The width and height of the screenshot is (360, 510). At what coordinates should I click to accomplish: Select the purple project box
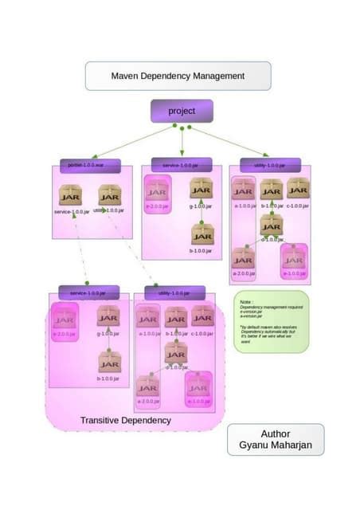click(x=182, y=111)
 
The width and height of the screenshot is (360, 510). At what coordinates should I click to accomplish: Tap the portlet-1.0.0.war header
click(x=89, y=164)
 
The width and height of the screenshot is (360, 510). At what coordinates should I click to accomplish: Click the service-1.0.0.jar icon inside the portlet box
click(x=70, y=195)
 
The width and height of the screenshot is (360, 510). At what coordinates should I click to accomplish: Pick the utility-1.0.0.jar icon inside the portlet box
click(x=108, y=195)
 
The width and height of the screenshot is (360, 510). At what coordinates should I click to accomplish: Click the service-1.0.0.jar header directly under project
click(x=181, y=164)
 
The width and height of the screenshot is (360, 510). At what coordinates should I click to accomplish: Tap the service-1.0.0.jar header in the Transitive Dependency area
click(x=89, y=292)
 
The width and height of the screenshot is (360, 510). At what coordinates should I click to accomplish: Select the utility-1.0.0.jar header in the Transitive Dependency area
click(x=175, y=292)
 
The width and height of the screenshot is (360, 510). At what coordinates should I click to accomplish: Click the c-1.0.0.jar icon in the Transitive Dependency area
click(x=202, y=316)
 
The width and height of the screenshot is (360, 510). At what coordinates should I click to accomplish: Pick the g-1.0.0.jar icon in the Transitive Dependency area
click(x=108, y=316)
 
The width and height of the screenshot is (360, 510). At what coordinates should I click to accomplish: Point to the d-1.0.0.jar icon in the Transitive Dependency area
click(x=176, y=351)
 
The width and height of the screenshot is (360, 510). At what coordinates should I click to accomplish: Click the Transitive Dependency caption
click(x=125, y=420)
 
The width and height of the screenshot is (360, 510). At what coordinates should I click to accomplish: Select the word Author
click(x=276, y=433)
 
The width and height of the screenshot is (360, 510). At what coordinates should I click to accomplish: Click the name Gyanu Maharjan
click(x=276, y=446)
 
